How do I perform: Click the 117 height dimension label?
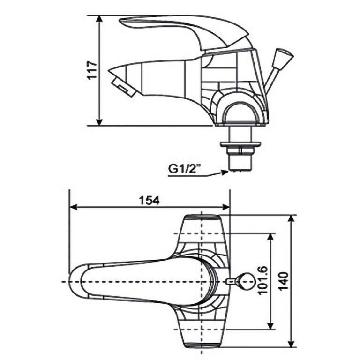[92, 70]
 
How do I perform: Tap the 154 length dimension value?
[149, 201]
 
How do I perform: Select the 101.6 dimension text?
[262, 280]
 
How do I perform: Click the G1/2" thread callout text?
[183, 169]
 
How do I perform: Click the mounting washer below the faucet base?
[240, 144]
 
